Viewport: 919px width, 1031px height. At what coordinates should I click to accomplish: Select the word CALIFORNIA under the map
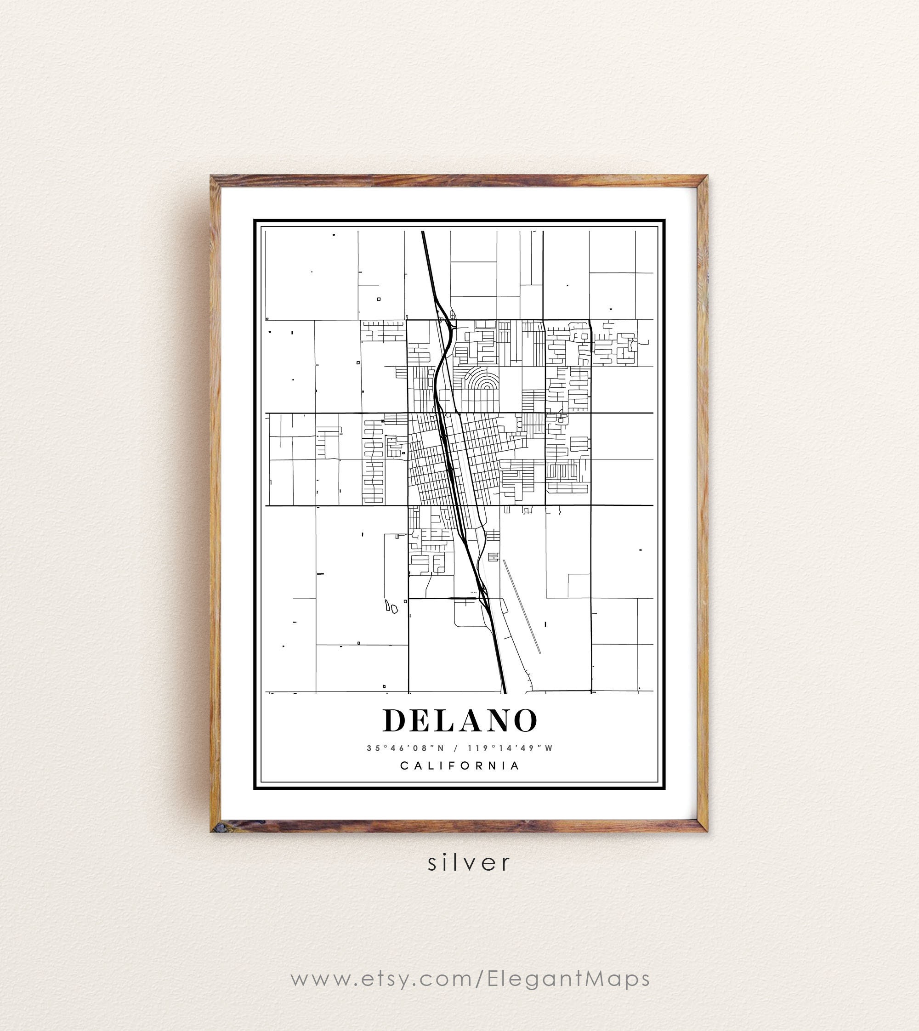click(459, 765)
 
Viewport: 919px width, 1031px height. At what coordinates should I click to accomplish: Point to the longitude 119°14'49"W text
click(510, 748)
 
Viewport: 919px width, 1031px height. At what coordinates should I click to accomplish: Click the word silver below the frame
click(469, 862)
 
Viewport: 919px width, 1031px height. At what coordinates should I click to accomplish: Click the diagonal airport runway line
click(522, 606)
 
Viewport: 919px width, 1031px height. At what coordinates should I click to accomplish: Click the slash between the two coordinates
click(456, 748)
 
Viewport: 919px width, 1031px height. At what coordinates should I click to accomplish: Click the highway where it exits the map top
click(423, 233)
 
